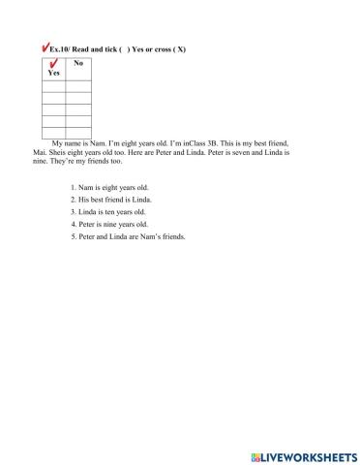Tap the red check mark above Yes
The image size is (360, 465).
tap(51, 65)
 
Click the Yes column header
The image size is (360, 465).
tap(53, 73)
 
